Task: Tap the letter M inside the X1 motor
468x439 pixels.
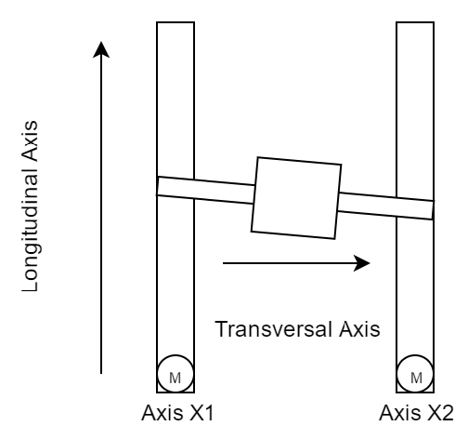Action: coord(175,378)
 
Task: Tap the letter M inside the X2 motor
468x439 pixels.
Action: coord(416,378)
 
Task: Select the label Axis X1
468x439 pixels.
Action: coord(177,413)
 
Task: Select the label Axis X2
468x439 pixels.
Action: coord(416,413)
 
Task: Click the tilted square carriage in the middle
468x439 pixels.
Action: coord(296,198)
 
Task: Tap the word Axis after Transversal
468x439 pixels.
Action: coord(359,329)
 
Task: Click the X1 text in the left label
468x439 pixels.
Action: coord(201,413)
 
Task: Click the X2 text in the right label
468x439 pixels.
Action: coord(441,413)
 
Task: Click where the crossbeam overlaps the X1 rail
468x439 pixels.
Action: coord(175,188)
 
